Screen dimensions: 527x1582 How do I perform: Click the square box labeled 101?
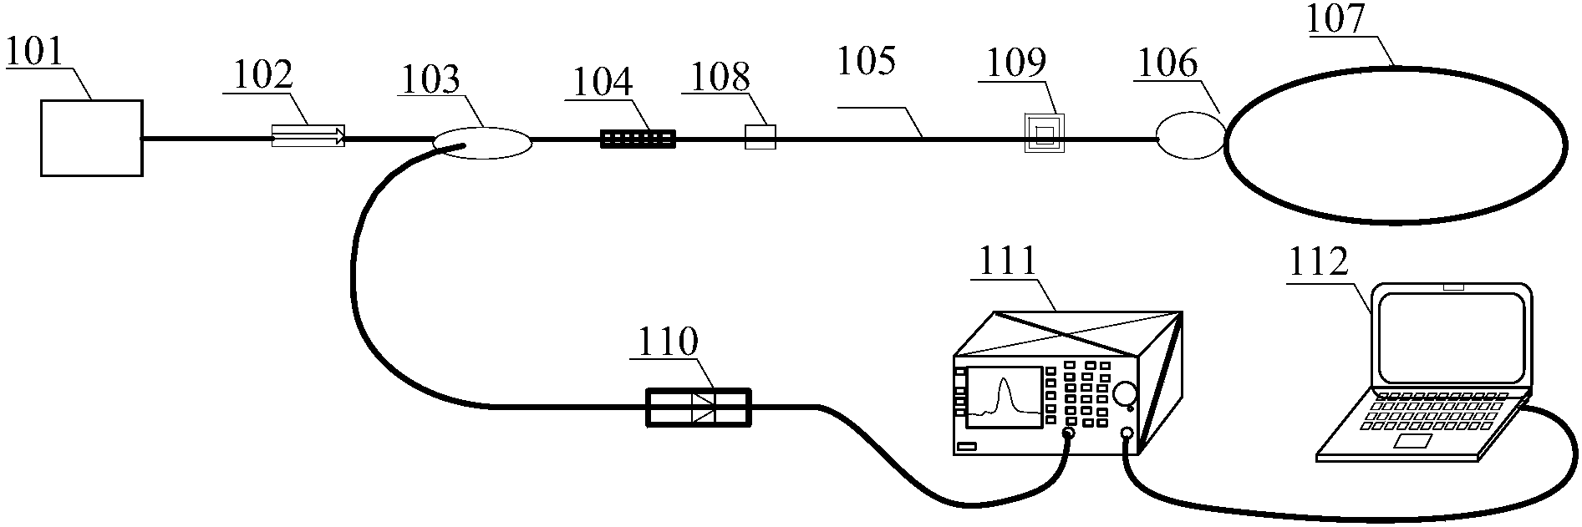pos(91,138)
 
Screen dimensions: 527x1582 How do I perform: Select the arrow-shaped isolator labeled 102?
pos(308,136)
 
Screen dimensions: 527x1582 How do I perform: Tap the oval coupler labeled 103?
pos(482,143)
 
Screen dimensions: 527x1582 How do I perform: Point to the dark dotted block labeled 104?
pos(638,139)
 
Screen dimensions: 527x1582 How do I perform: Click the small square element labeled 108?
pos(760,137)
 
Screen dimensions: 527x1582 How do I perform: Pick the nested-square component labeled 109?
pos(1044,134)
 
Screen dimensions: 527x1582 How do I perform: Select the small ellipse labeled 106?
pos(1190,135)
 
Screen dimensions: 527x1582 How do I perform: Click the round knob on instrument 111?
pos(1124,393)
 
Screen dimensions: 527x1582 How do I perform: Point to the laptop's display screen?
pos(1452,337)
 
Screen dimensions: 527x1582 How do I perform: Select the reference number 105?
pos(867,62)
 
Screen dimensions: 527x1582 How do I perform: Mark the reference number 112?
pos(1318,262)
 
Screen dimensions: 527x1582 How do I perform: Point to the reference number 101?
pos(34,52)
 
